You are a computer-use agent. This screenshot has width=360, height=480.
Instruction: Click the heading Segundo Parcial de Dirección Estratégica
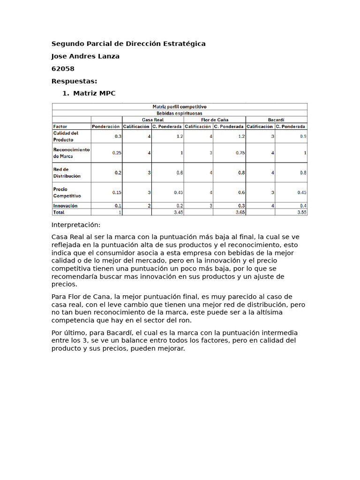[x=128, y=44]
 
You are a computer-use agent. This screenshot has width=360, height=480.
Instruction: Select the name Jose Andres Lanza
[x=85, y=56]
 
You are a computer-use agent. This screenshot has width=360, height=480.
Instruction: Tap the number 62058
[x=63, y=69]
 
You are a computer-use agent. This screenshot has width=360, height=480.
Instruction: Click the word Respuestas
[x=74, y=81]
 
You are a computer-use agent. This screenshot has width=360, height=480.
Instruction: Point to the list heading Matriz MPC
[x=94, y=93]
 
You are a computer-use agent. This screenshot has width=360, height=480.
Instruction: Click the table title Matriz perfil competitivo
[x=180, y=106]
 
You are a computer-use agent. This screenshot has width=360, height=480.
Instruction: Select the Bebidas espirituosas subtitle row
[x=180, y=113]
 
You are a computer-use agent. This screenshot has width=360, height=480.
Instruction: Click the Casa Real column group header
[x=152, y=120]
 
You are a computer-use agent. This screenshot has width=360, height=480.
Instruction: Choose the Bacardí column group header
[x=276, y=120]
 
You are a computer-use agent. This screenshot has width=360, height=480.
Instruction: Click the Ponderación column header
[x=106, y=127]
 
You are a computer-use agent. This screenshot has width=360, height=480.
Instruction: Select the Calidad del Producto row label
[x=66, y=136]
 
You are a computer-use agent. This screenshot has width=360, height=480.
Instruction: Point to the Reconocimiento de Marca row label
[x=71, y=153]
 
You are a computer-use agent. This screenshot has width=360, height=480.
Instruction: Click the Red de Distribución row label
[x=67, y=172]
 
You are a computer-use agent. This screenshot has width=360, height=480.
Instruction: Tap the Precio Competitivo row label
[x=67, y=193]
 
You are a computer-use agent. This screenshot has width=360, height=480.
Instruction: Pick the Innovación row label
[x=65, y=206]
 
